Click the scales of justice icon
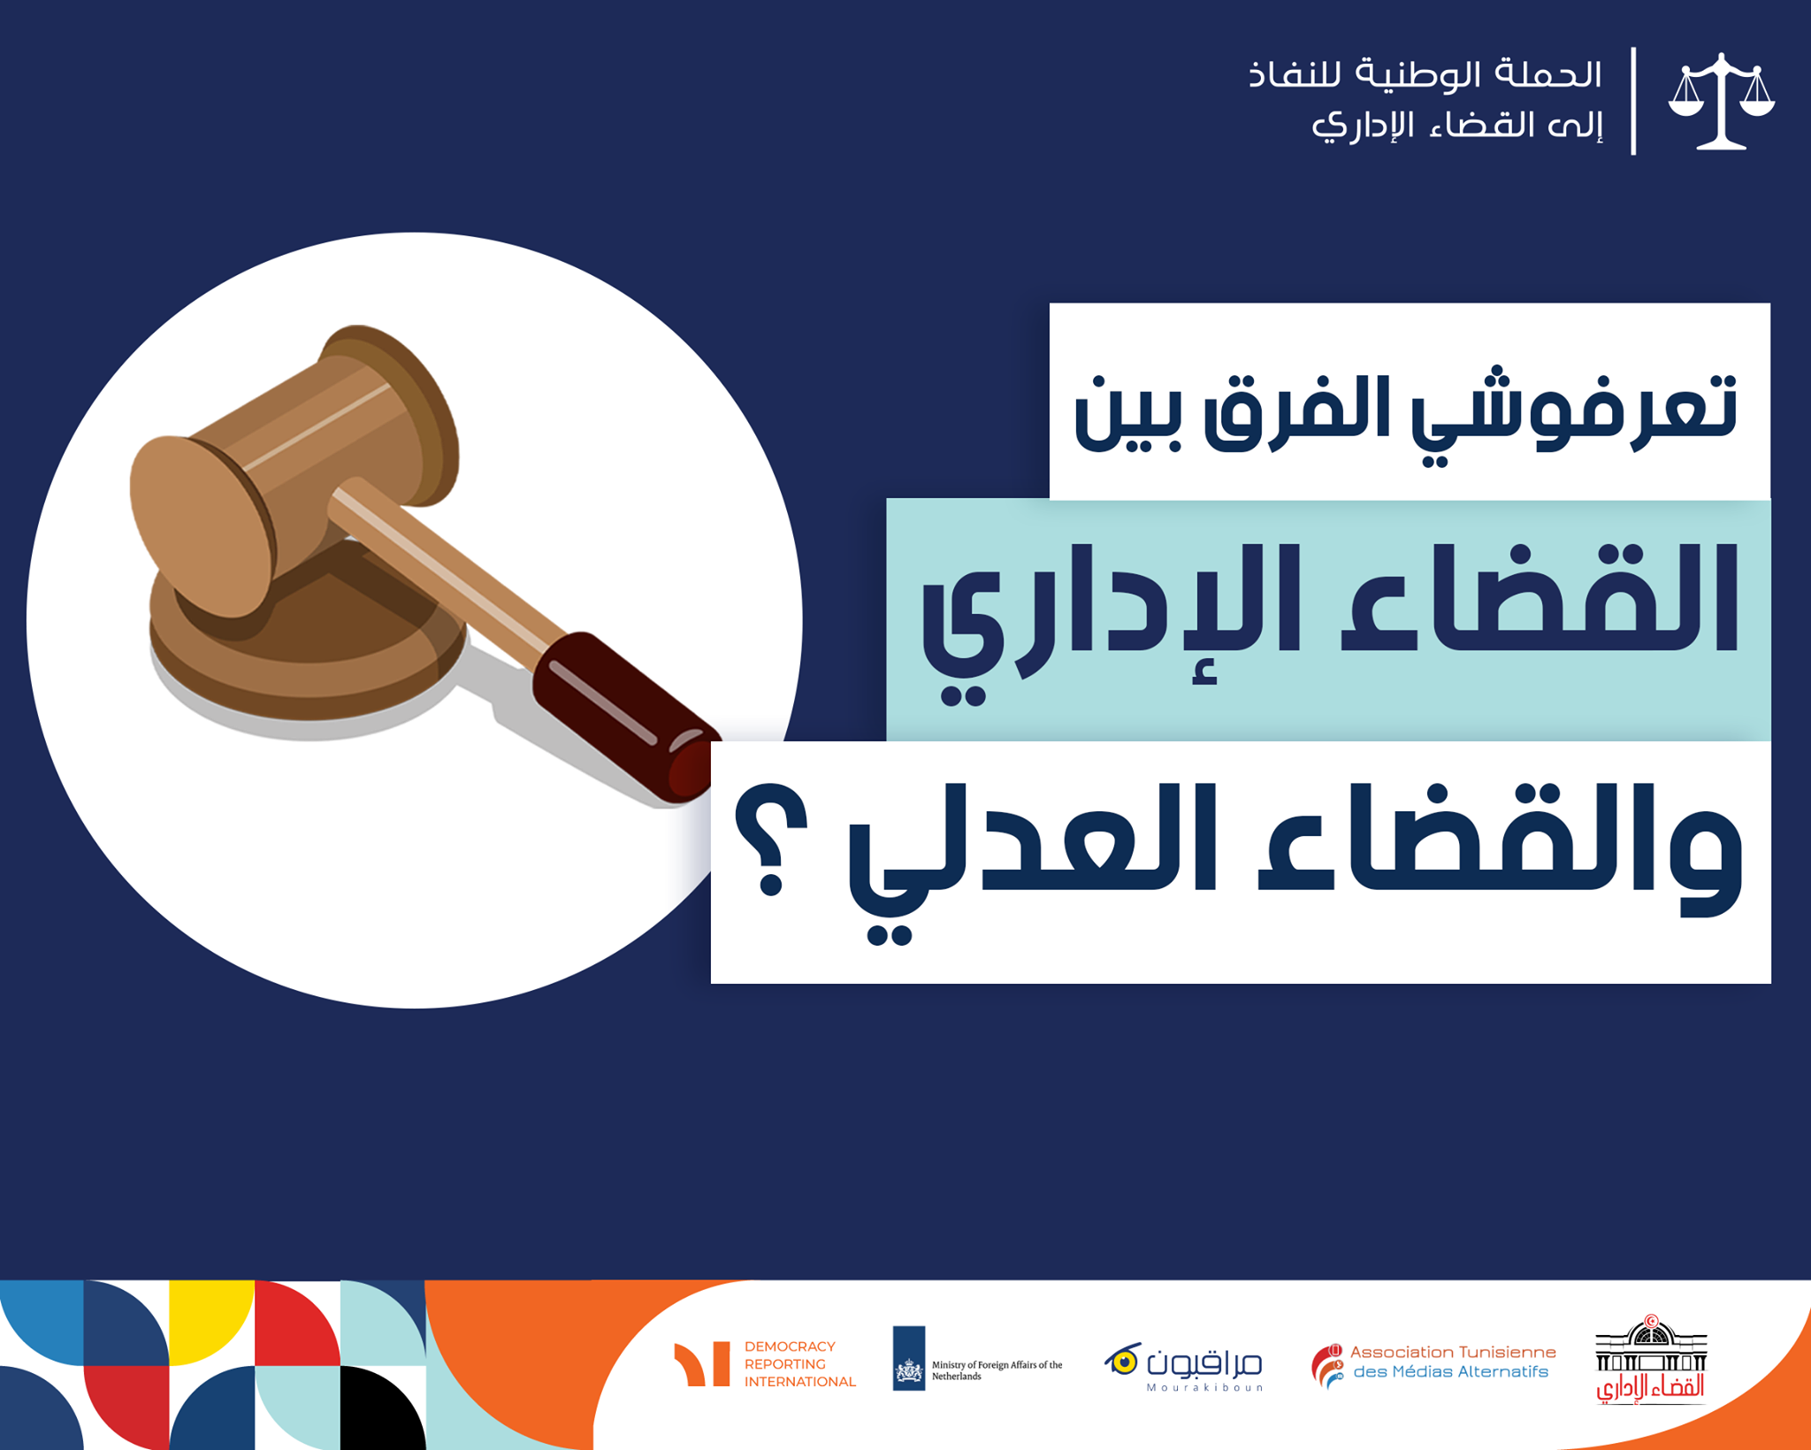pos(1721,101)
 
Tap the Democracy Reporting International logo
pos(765,1363)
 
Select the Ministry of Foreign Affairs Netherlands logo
pos(977,1358)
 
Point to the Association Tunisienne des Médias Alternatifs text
pos(1452,1362)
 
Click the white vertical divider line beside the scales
pos(1633,101)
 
